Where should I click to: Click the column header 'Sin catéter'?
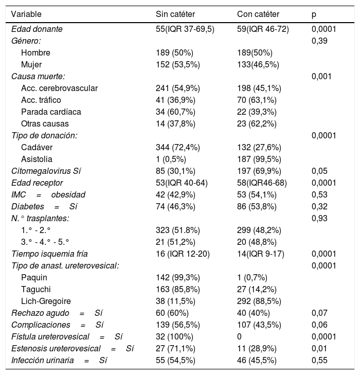coord(175,14)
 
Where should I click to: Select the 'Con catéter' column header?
coord(258,14)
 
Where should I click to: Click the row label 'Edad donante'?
coord(37,29)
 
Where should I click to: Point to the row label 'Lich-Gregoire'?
coord(46,301)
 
